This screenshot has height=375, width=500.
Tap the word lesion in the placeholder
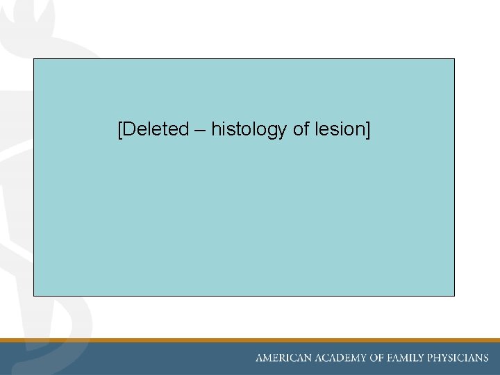click(x=339, y=129)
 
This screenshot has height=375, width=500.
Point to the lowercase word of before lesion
click(x=301, y=129)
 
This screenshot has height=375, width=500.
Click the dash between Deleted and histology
click(x=200, y=130)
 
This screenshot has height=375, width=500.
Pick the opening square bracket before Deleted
click(x=120, y=130)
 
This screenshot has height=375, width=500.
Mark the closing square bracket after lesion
click(x=367, y=130)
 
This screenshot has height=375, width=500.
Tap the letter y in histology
click(x=283, y=131)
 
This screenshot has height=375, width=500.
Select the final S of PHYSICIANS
click(x=485, y=358)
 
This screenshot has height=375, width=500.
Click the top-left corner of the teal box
click(x=34, y=59)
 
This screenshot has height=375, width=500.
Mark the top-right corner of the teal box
click(x=454, y=59)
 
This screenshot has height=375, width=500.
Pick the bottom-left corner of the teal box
click(x=34, y=295)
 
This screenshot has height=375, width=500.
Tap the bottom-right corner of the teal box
click(x=454, y=295)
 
